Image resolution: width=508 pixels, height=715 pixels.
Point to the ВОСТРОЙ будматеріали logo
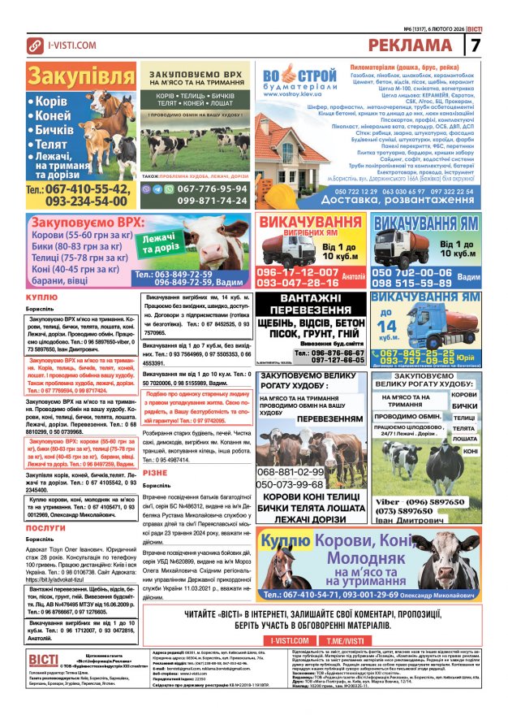click(x=299, y=81)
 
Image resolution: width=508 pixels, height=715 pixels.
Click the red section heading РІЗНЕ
click(x=154, y=472)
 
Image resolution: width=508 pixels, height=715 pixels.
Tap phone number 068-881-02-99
click(x=290, y=471)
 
